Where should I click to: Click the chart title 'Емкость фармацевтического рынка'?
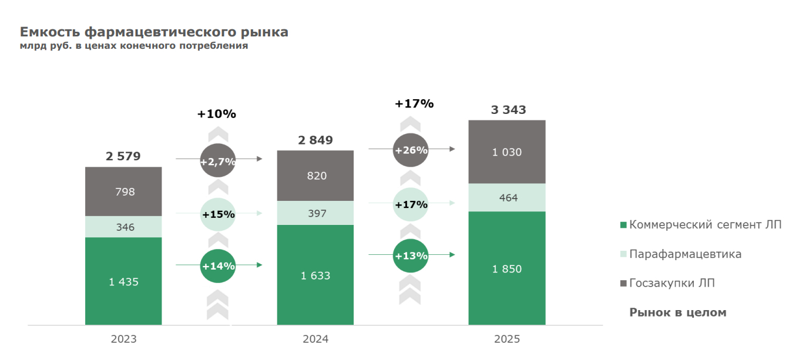tap(154, 32)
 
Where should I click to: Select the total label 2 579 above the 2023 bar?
tap(123, 156)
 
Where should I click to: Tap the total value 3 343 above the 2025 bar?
tap(508, 110)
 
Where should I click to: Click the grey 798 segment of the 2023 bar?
tap(123, 191)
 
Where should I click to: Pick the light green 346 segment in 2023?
tap(123, 227)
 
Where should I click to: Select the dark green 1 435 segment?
tap(123, 281)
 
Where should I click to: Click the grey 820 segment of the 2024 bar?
tap(315, 176)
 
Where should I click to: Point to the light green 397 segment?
tap(315, 213)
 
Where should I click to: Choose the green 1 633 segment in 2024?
tap(315, 275)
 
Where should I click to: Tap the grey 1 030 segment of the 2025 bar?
tap(507, 152)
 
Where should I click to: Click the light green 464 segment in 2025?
tap(507, 198)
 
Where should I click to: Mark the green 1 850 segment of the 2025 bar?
tap(507, 268)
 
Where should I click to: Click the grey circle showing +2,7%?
tap(218, 160)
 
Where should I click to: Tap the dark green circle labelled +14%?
tap(218, 266)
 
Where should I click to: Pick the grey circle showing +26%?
tap(411, 150)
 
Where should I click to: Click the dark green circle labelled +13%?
tap(411, 255)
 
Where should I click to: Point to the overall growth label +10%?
tap(217, 114)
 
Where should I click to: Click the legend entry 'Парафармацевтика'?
tap(685, 254)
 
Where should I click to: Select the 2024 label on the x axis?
tap(315, 339)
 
